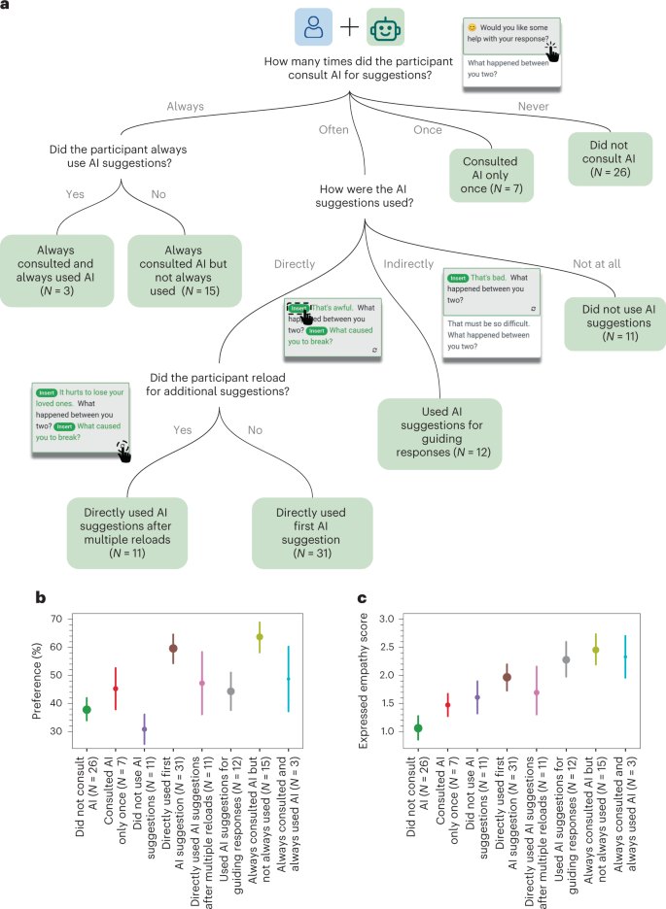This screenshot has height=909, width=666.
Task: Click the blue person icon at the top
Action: point(315,28)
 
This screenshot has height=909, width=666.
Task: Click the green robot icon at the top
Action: point(385,28)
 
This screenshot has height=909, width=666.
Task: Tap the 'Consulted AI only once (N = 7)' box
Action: point(492,175)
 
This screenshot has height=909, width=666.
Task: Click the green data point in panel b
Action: point(87,710)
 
